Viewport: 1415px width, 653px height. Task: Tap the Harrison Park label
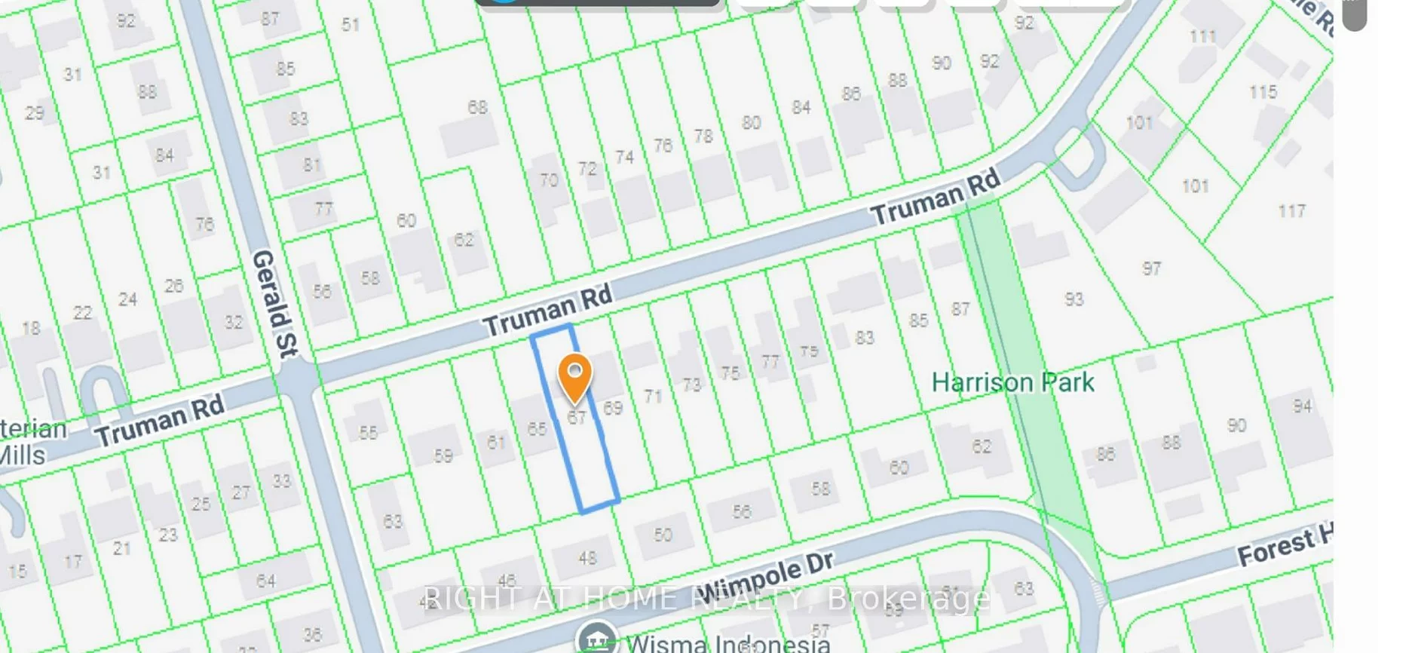tap(1012, 382)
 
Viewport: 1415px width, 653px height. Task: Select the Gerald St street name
tap(275, 303)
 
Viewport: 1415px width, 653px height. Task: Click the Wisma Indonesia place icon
tap(596, 639)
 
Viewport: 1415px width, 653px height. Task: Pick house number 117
tap(1291, 211)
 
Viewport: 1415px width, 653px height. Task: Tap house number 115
tap(1263, 92)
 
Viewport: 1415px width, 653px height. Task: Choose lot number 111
tap(1202, 35)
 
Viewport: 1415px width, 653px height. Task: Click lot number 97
tap(1151, 268)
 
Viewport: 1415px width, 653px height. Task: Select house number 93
tap(1074, 299)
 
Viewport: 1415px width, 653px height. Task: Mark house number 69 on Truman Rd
tap(613, 409)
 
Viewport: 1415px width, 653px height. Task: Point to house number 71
tap(653, 396)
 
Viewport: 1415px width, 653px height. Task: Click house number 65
tap(537, 429)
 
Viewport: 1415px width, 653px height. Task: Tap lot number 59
tap(443, 456)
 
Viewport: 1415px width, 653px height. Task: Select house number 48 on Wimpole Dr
tap(587, 558)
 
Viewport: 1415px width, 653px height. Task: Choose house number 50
tap(663, 535)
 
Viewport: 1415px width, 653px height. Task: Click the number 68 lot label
tap(477, 107)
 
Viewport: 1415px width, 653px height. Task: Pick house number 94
tap(1302, 406)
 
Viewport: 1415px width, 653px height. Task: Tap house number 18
tap(31, 328)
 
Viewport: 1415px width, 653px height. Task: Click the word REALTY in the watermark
tap(747, 599)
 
